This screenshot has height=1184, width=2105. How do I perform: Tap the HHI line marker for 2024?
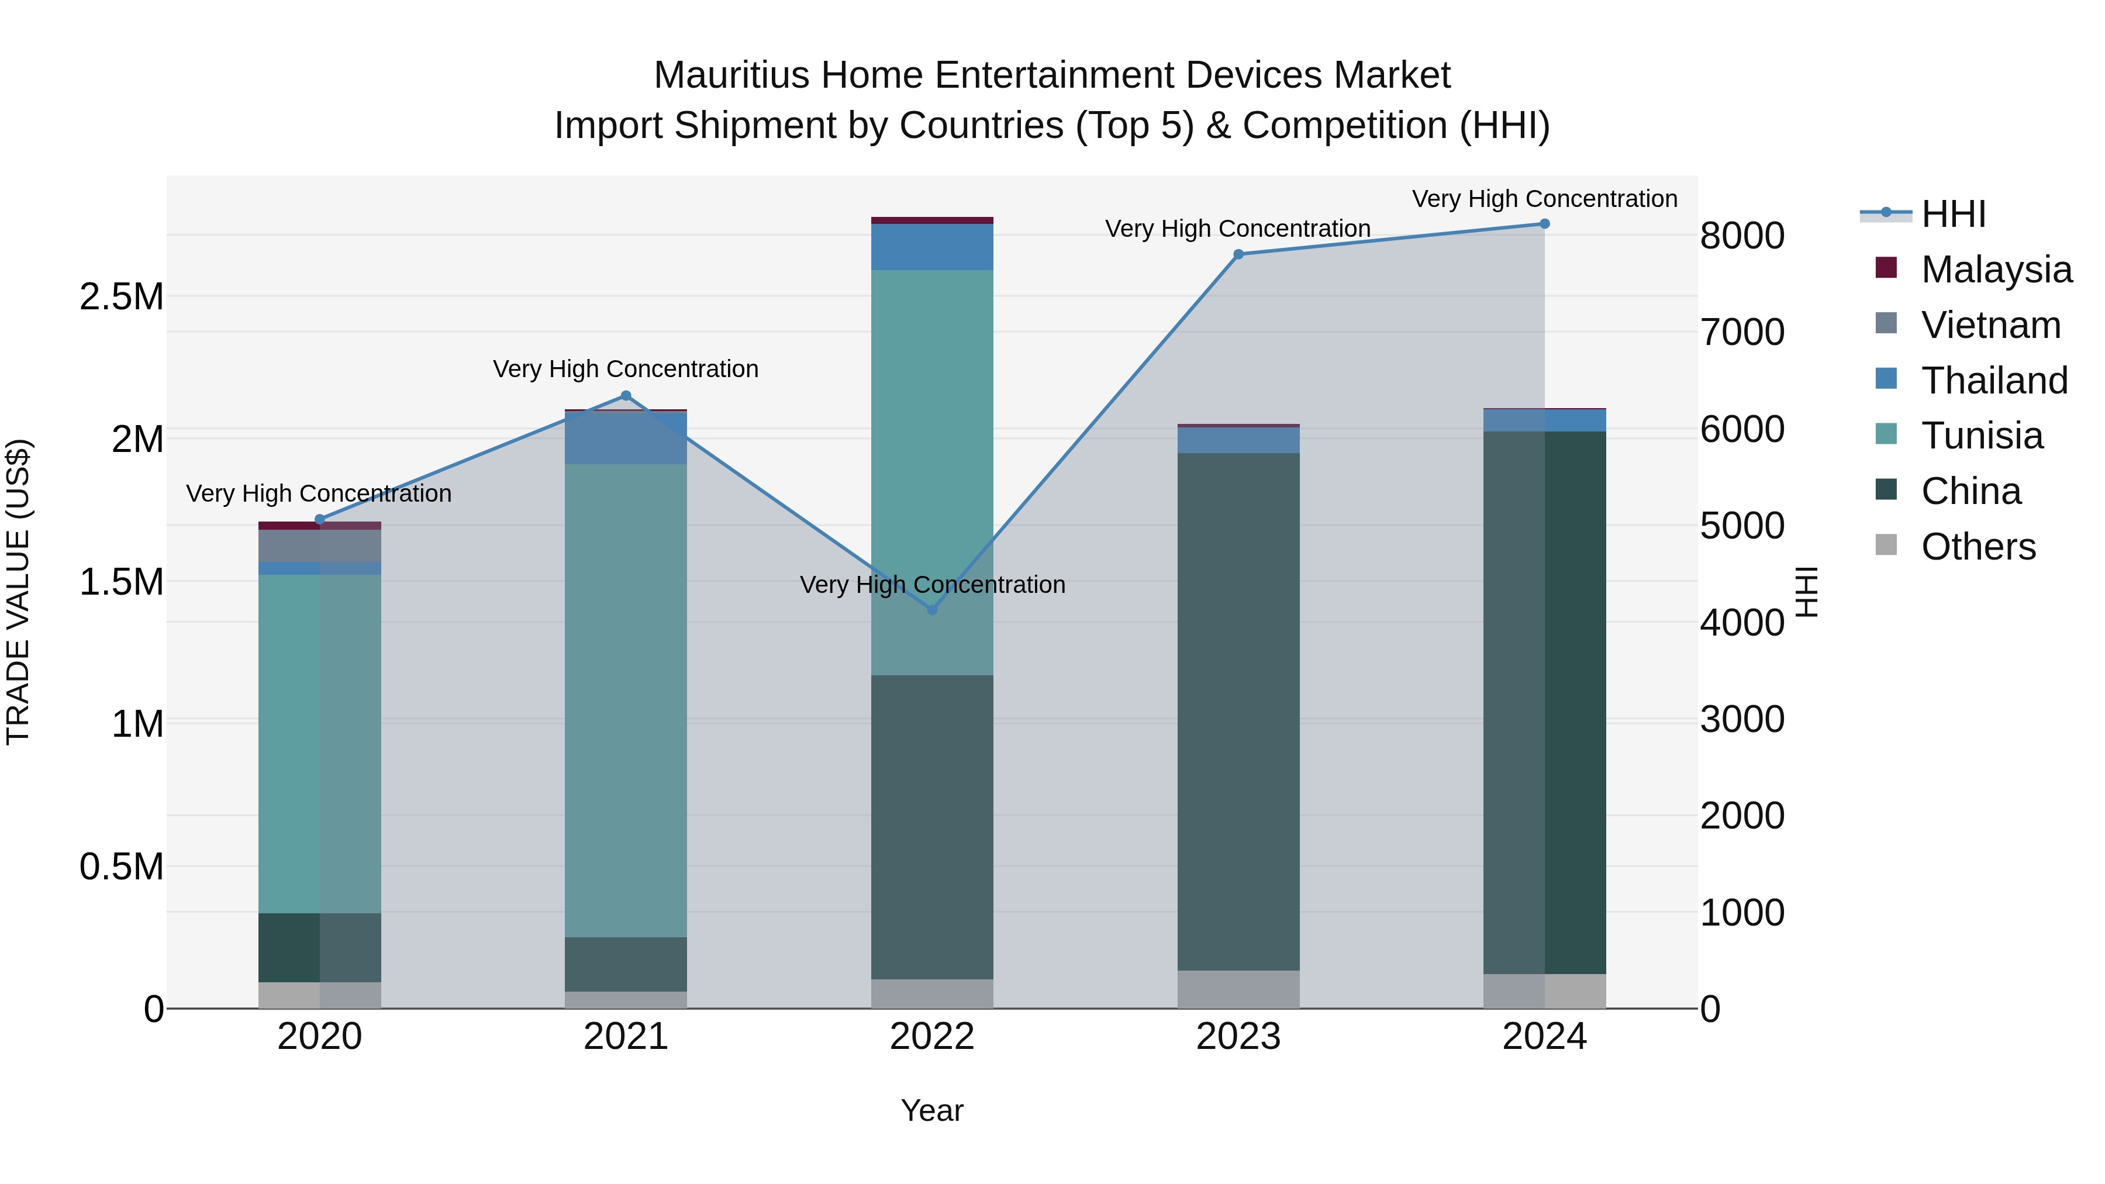[x=1544, y=224]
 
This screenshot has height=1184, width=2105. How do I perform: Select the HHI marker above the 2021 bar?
[x=626, y=395]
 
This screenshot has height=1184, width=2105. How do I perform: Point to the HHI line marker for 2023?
[x=1238, y=254]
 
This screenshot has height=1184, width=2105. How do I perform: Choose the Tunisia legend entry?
[x=1982, y=436]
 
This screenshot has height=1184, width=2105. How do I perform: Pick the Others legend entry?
[x=1978, y=547]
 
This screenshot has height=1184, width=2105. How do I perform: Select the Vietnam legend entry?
[x=1990, y=325]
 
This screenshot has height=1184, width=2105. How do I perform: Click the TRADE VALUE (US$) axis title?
[x=18, y=592]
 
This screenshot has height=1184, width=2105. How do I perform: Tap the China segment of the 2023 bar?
[x=1238, y=711]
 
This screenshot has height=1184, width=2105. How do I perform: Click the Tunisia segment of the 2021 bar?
[x=626, y=700]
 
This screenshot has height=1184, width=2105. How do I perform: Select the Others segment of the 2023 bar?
[x=1238, y=989]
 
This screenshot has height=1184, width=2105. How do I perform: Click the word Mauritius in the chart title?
[x=733, y=75]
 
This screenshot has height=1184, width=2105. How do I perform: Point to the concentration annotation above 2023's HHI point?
[x=1237, y=229]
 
